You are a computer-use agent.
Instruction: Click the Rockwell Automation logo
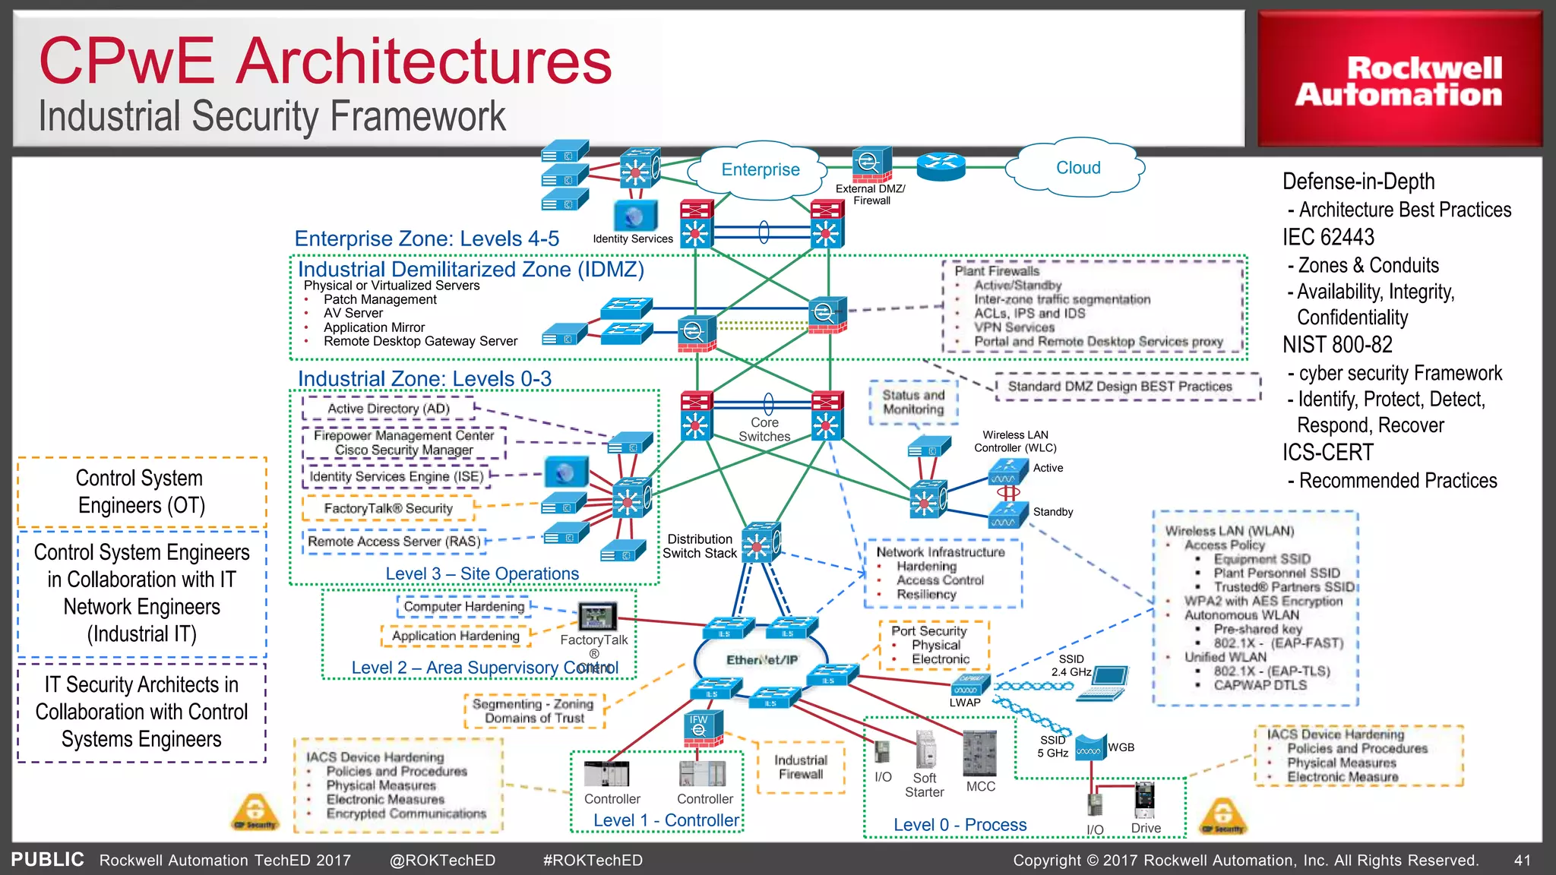coord(1399,81)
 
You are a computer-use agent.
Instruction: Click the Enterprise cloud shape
coord(760,169)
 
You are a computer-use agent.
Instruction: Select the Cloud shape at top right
coord(1077,168)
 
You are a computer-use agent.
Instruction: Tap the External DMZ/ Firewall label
coord(871,194)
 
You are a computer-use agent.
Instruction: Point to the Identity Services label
coord(633,238)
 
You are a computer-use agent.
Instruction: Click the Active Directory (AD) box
coord(388,409)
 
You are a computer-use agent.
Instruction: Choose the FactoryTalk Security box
coord(388,508)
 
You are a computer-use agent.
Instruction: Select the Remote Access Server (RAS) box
coord(394,542)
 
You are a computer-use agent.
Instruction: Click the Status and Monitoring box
coord(913,403)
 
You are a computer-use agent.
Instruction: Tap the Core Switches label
coord(764,429)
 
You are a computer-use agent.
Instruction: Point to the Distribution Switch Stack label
coord(700,546)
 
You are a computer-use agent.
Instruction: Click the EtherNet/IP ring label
coord(762,659)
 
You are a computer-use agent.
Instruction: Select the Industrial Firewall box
coord(801,767)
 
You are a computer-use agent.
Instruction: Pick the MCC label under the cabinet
coord(980,786)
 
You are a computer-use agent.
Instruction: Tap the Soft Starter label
coord(925,785)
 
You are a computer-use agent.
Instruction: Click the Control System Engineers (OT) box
coord(141,492)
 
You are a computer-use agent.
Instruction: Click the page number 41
coord(1522,861)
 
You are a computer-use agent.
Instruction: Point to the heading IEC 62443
coord(1328,237)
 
